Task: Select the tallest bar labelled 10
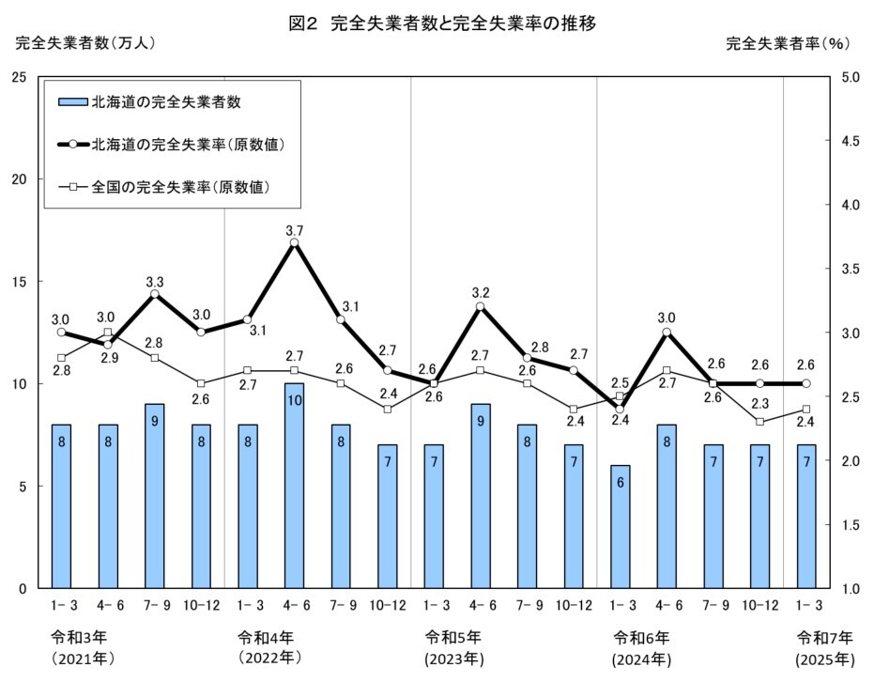coord(294,485)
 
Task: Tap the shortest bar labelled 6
coord(620,526)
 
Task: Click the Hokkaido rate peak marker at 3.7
coord(294,242)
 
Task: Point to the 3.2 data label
coord(481,290)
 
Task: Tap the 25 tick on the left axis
coord(18,77)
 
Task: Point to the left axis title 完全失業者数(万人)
coord(84,43)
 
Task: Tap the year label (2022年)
coord(267,656)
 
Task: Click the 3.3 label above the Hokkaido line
coord(154,280)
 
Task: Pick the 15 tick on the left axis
coord(18,282)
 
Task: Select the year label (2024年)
coord(639,656)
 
